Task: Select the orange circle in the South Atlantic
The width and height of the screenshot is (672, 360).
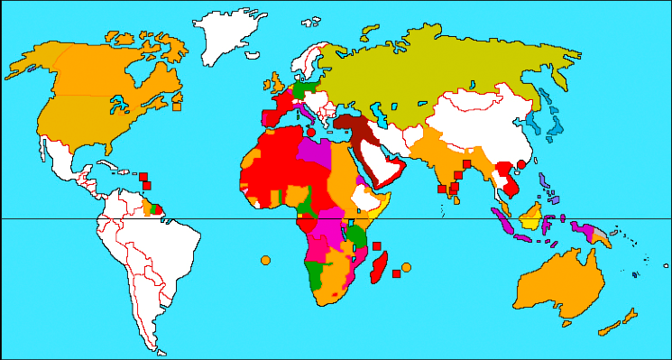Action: [265, 261]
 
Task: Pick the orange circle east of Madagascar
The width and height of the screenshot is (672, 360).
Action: [406, 267]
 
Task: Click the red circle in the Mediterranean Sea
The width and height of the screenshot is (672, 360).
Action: [311, 132]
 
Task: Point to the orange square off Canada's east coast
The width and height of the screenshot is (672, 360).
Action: [178, 106]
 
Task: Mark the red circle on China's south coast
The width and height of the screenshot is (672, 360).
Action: [520, 166]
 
